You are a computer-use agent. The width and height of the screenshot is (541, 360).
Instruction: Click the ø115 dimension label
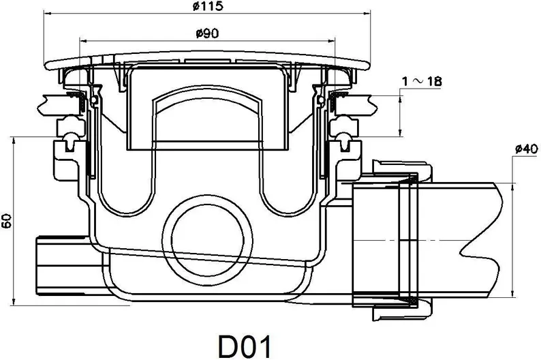[x=208, y=6]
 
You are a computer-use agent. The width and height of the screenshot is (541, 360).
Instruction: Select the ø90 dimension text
[x=207, y=33]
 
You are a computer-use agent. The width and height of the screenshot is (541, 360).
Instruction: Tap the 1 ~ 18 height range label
[x=422, y=81]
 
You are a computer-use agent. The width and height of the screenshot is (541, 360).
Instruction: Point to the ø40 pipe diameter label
[x=527, y=149]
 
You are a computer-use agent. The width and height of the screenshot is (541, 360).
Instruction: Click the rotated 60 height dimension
[x=7, y=221]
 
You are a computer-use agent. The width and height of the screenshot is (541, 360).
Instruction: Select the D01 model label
[x=245, y=346]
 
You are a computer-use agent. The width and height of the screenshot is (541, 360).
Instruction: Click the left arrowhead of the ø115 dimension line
[x=48, y=14]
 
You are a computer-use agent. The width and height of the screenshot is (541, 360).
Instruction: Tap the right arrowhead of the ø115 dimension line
[x=367, y=14]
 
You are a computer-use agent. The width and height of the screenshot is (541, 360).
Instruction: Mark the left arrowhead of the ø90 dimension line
[x=84, y=41]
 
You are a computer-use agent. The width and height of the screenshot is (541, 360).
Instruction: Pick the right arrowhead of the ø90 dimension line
[x=331, y=41]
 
